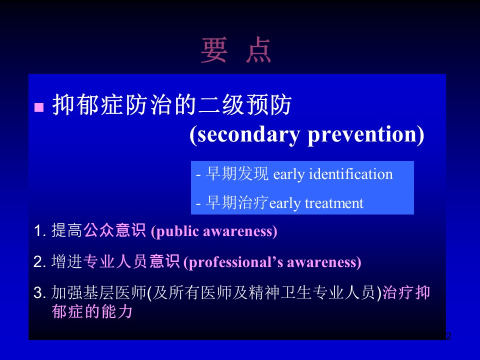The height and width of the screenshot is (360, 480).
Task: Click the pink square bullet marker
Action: pyautogui.click(x=39, y=107)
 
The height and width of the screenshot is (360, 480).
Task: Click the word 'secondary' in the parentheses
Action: pyautogui.click(x=248, y=134)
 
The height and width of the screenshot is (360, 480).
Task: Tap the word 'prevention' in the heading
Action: pyautogui.click(x=361, y=134)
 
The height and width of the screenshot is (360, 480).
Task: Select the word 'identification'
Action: pyautogui.click(x=351, y=174)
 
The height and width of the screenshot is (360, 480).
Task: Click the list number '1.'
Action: pyautogui.click(x=40, y=231)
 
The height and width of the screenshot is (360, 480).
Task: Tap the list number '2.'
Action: pyautogui.click(x=40, y=262)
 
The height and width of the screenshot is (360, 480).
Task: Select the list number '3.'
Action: pyautogui.click(x=40, y=293)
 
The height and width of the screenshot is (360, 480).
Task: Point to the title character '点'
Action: pyautogui.click(x=258, y=50)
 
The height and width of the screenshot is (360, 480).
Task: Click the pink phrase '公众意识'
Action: pyautogui.click(x=114, y=230)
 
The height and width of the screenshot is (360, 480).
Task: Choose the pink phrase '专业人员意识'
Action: pyautogui.click(x=131, y=261)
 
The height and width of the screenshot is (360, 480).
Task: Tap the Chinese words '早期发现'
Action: pyautogui.click(x=237, y=174)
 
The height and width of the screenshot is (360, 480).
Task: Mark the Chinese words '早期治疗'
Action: pyautogui.click(x=237, y=202)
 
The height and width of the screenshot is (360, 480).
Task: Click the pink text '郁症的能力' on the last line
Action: pyautogui.click(x=92, y=312)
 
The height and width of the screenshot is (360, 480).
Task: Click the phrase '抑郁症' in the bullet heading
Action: pyautogui.click(x=89, y=105)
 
